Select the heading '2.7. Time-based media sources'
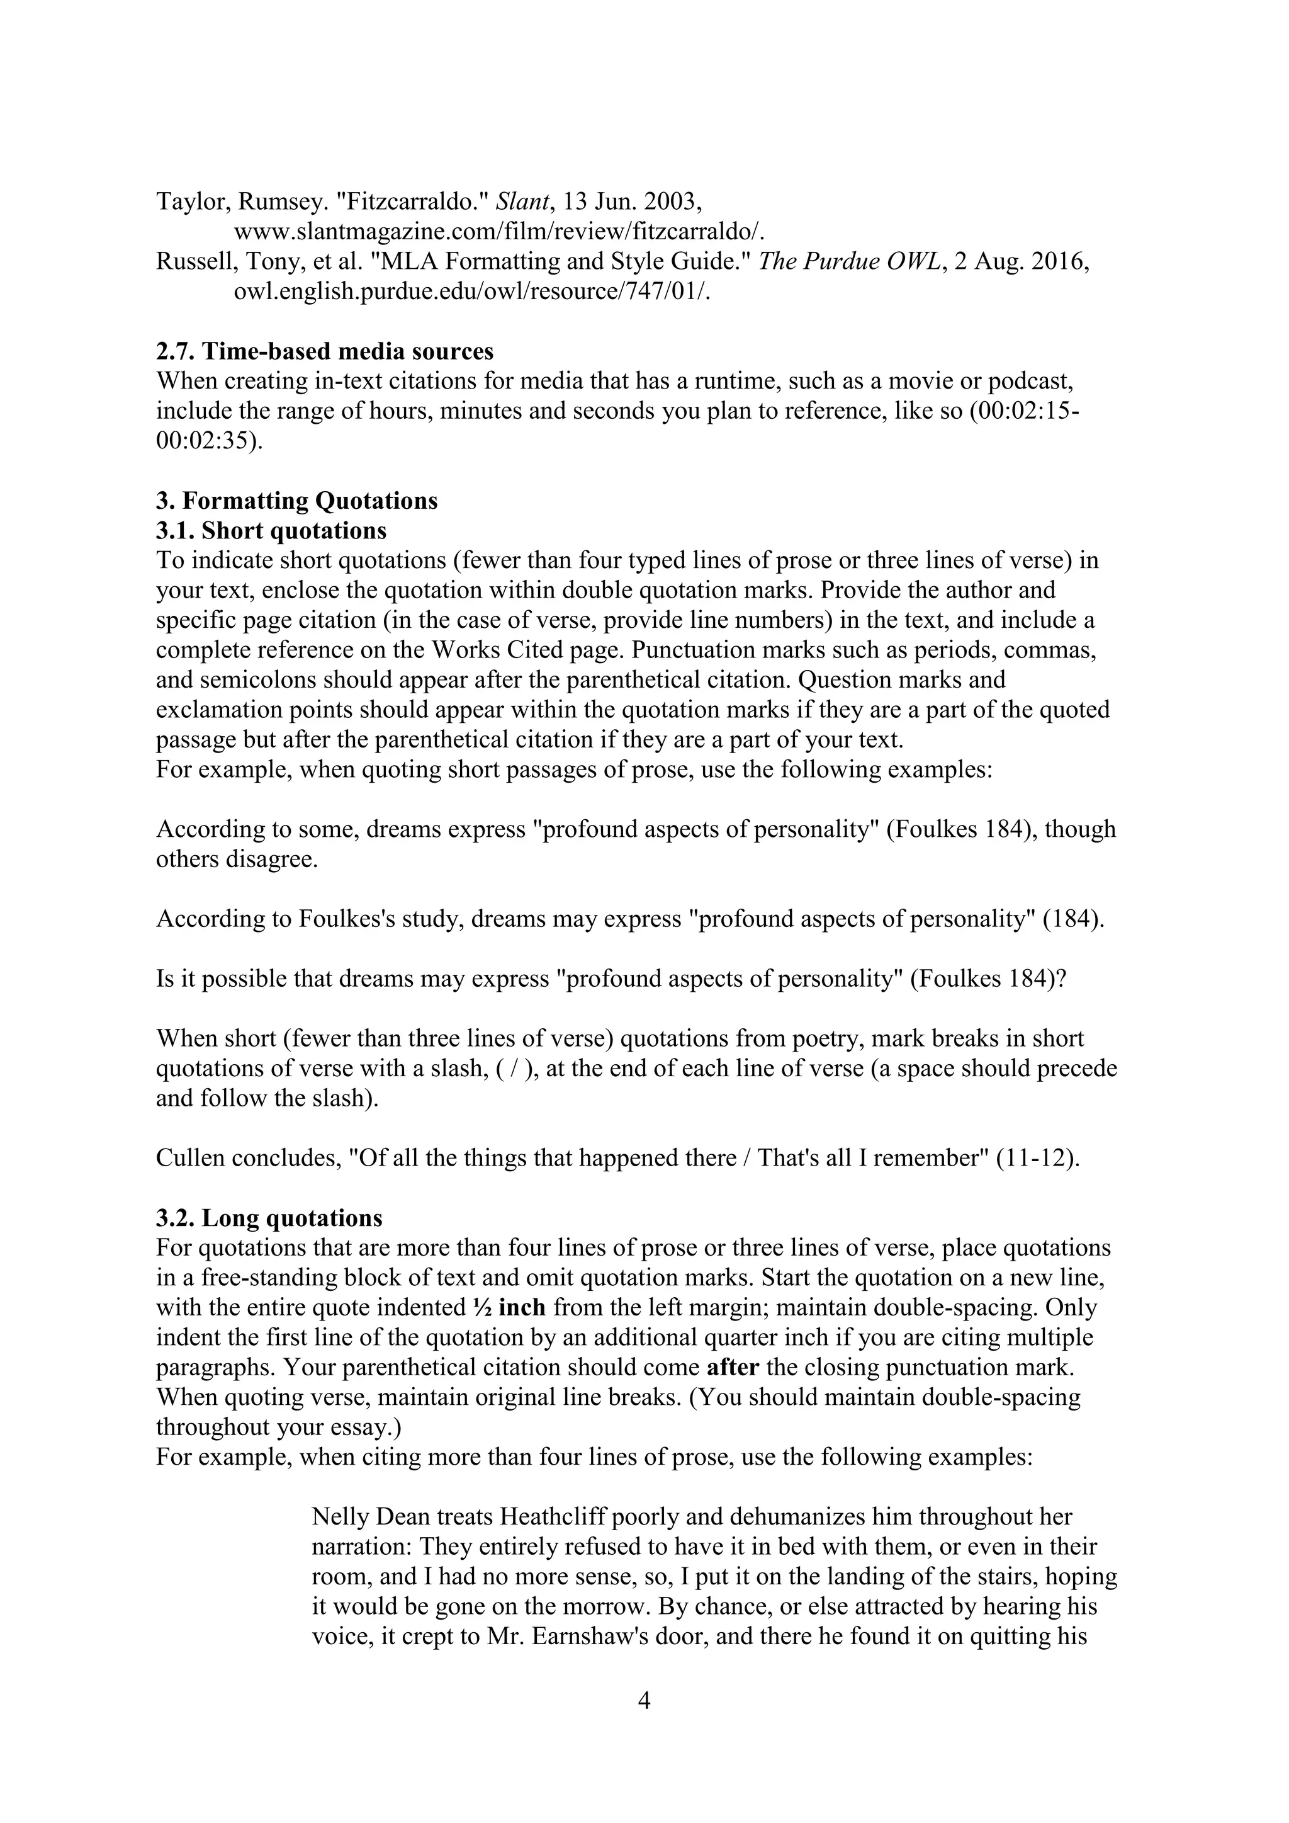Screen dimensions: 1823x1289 pos(325,351)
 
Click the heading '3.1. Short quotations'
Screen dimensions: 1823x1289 pos(271,530)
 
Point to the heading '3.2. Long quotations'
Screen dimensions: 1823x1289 pos(269,1218)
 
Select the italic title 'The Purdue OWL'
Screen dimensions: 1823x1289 pos(849,261)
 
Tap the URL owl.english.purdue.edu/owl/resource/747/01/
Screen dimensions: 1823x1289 pos(471,292)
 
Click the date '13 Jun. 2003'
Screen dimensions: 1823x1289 pos(632,202)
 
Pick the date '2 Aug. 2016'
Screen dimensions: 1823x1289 pos(1020,261)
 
